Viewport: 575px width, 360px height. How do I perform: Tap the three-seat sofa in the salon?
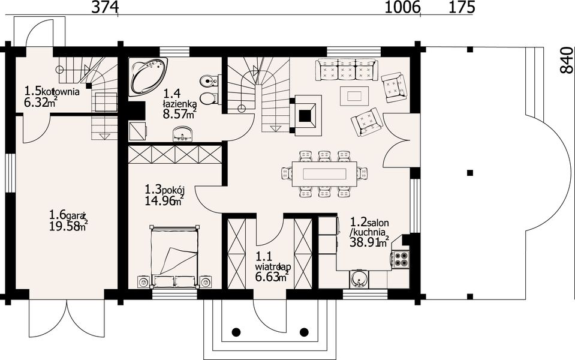pyautogui.click(x=346, y=69)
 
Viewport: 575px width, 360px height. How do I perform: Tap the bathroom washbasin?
pyautogui.click(x=182, y=134)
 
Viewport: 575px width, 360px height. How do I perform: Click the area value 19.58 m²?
pyautogui.click(x=68, y=226)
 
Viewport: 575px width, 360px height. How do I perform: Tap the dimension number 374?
pyautogui.click(x=106, y=7)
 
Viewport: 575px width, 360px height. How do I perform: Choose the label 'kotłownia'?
pyautogui.click(x=61, y=91)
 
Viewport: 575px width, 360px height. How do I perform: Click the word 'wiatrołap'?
pyautogui.click(x=273, y=267)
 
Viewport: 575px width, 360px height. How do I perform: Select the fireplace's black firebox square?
pyautogui.click(x=305, y=116)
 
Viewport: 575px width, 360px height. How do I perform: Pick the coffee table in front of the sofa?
pyautogui.click(x=354, y=96)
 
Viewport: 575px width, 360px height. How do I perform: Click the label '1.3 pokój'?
pyautogui.click(x=164, y=190)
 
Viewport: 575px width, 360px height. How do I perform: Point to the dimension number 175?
pyautogui.click(x=462, y=7)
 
